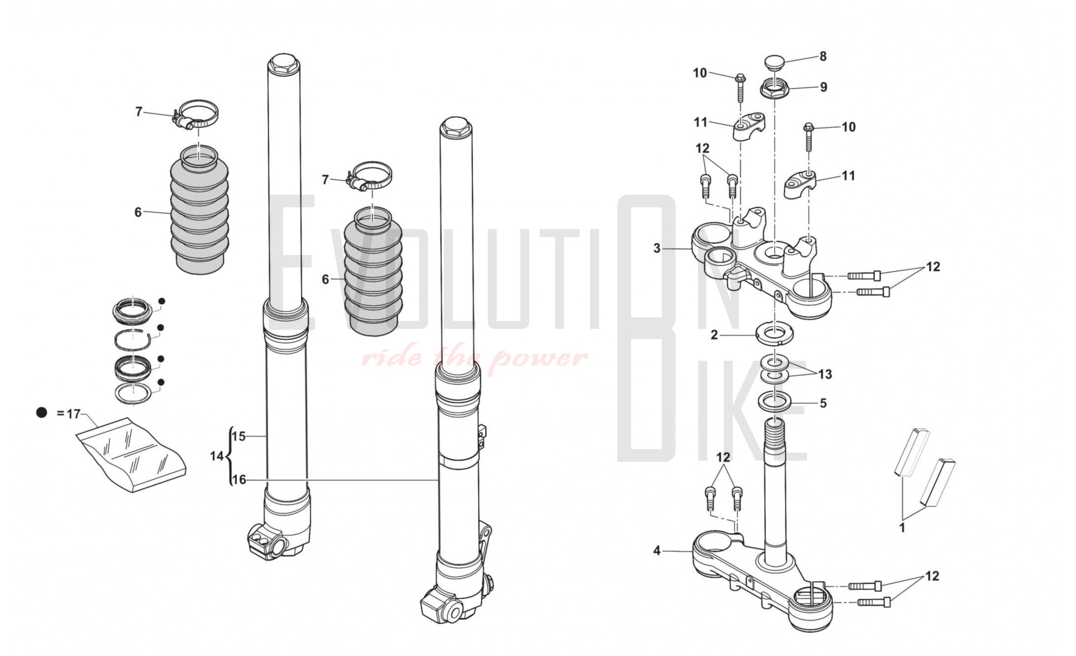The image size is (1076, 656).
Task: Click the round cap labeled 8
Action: tap(775, 61)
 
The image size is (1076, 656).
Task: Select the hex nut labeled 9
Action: tap(775, 89)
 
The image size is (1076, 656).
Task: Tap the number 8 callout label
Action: tap(823, 56)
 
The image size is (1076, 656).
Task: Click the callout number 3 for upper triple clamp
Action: tap(657, 248)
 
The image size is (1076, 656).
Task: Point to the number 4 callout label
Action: tap(657, 551)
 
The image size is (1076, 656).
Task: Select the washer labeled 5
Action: tap(775, 401)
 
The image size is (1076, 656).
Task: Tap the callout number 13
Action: tap(825, 374)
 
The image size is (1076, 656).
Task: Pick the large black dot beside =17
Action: tap(42, 413)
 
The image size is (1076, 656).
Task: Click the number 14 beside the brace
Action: tap(217, 457)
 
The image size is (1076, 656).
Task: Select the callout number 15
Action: tap(238, 437)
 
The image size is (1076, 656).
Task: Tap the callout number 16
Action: tap(238, 480)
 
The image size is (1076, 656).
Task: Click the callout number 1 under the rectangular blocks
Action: tap(902, 528)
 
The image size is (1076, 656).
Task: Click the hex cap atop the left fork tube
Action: tap(284, 64)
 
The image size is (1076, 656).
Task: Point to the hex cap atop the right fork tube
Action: tap(455, 128)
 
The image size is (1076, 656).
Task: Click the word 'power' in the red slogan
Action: tap(537, 358)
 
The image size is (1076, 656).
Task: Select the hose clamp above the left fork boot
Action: tap(197, 115)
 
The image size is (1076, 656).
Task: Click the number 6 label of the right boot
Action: tap(325, 280)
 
